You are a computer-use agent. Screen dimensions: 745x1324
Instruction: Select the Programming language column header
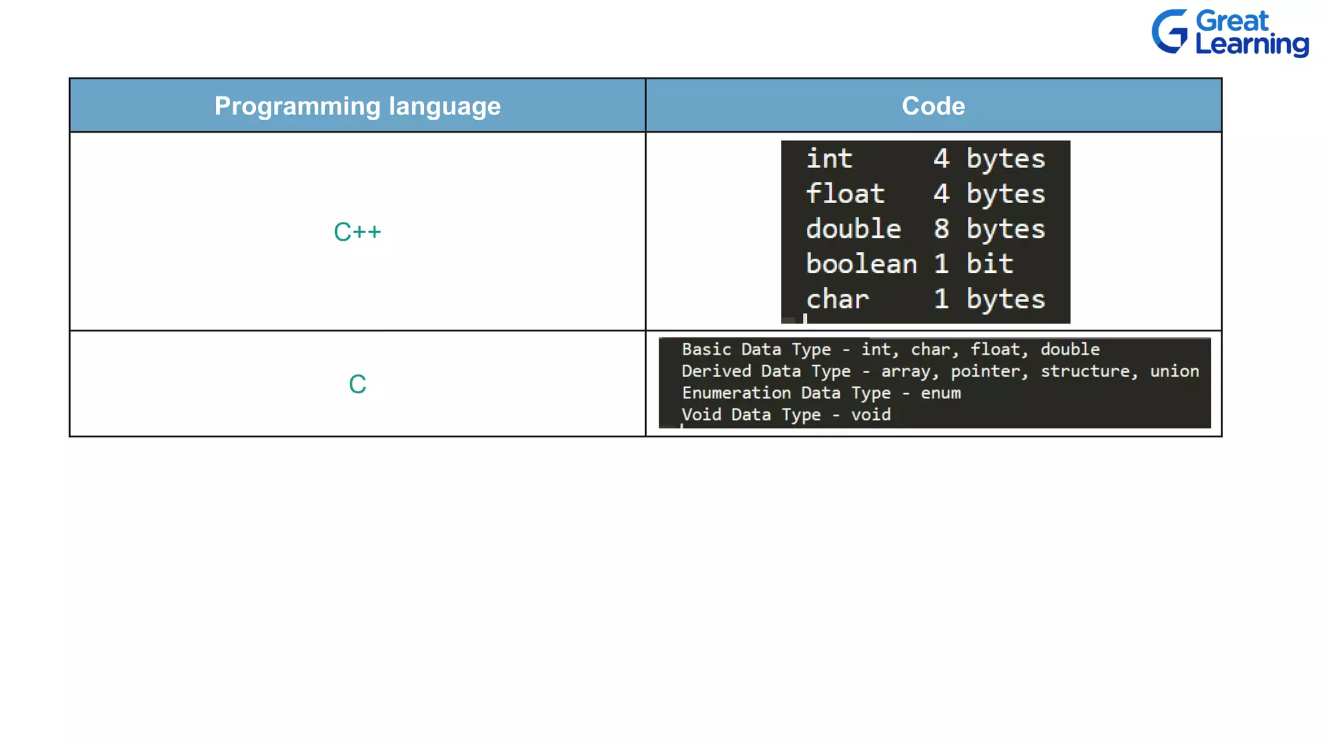358,106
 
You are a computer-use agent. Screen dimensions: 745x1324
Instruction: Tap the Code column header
933,106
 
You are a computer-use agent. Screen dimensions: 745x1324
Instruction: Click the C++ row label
358,232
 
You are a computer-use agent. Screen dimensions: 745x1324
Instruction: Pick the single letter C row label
358,384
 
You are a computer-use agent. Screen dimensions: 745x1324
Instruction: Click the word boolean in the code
861,264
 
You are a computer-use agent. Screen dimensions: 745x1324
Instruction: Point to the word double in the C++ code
853,229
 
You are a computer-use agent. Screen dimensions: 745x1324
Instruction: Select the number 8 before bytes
941,229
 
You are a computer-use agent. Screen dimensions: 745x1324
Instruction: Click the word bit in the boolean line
989,264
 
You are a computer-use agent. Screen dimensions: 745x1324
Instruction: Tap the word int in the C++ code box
829,159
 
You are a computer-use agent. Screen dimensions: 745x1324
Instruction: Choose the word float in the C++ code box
845,194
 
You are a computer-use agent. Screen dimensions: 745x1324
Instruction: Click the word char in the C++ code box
837,299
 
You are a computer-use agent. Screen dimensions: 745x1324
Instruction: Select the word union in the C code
1174,371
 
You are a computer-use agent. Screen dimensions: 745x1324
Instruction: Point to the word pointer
988,371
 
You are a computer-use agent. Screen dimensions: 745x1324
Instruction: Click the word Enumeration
736,393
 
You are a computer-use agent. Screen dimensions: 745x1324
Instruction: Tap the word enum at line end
941,393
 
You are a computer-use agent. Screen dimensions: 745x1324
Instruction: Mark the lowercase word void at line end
871,415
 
